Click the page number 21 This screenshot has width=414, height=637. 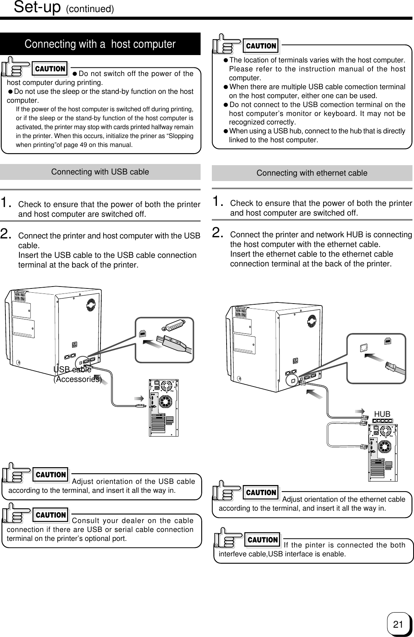pos(397,624)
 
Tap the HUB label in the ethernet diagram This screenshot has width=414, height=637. pos(382,414)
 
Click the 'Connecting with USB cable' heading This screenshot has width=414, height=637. pos(100,172)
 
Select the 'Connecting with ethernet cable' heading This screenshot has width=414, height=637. pos(312,173)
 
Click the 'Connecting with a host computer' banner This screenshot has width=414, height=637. pos(100,44)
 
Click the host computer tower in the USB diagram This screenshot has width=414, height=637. pos(163,407)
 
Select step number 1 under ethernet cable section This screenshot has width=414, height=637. pos(217,201)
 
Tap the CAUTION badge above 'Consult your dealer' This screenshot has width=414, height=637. pos(50,515)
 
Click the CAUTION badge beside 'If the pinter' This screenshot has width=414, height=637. pos(263,540)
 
